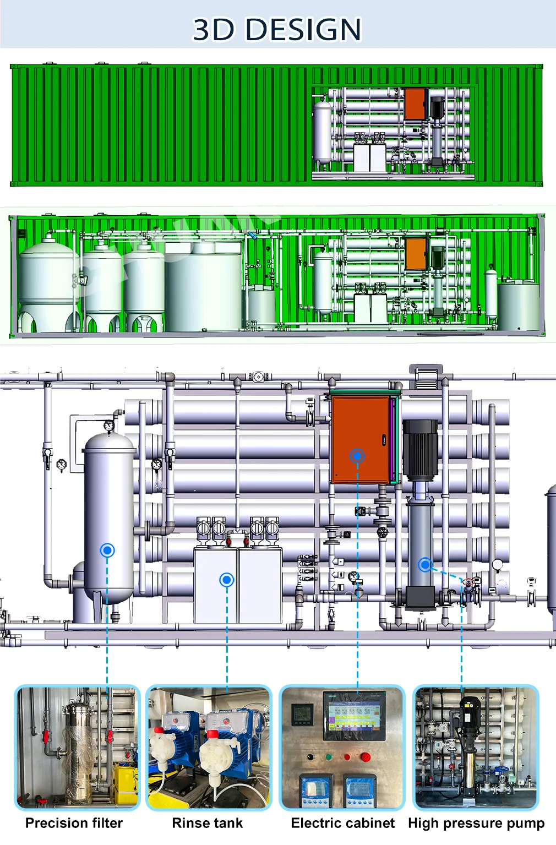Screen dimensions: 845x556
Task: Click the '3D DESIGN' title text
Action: point(277,29)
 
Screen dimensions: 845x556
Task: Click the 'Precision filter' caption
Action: point(74,823)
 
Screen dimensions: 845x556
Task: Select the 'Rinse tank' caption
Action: point(207,823)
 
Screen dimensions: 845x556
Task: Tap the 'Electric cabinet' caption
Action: point(342,823)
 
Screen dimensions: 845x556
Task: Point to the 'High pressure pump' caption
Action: point(476,823)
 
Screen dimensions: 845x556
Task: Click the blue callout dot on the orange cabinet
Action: point(357,456)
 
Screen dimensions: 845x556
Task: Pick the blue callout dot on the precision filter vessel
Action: point(107,550)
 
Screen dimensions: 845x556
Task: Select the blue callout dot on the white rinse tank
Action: point(227,579)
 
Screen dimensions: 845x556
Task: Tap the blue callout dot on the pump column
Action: point(425,564)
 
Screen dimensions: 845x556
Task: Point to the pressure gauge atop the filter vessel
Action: point(109,426)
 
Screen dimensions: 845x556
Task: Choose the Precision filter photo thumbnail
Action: point(77,748)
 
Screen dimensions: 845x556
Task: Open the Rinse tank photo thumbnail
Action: point(209,748)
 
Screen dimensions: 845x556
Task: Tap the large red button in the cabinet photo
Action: point(365,757)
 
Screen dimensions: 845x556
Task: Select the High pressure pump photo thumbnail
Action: point(476,748)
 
